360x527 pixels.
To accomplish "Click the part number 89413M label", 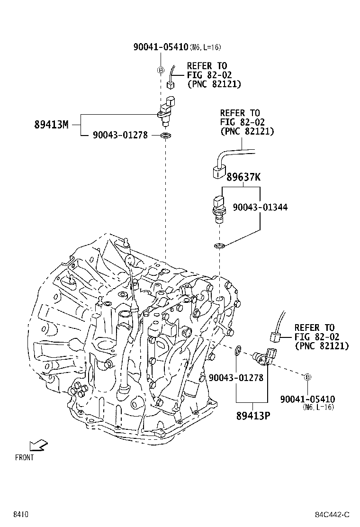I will click(x=51, y=125).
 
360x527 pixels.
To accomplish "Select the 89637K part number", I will click(x=243, y=178).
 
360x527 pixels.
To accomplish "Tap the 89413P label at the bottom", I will click(x=252, y=416).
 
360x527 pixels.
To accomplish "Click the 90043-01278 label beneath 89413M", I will click(x=120, y=136).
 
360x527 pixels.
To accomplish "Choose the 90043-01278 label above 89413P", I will click(x=236, y=378).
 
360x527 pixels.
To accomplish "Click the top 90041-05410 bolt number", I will click(x=161, y=47).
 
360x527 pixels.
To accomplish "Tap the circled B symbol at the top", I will click(x=161, y=71).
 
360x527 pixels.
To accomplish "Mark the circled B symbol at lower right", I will click(x=307, y=377).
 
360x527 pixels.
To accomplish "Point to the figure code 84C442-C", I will click(x=333, y=515).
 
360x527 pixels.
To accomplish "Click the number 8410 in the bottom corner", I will click(x=21, y=515).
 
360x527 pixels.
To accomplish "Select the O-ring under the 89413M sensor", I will click(x=166, y=136).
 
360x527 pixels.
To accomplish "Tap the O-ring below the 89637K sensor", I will click(x=219, y=245).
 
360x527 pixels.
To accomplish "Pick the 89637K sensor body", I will click(x=219, y=208).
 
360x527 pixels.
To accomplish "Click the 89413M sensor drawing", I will click(x=167, y=111).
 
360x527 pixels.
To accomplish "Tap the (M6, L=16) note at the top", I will click(x=205, y=47).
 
